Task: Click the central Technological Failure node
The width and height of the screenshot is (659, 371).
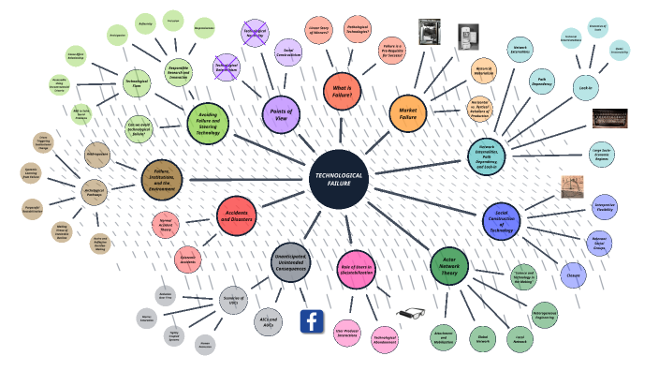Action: click(x=338, y=178)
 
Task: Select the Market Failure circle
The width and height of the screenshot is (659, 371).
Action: click(x=407, y=112)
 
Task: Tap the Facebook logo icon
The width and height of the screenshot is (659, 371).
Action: click(x=312, y=321)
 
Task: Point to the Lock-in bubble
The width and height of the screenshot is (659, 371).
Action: click(x=585, y=87)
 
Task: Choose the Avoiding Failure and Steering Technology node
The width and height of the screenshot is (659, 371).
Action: click(x=207, y=122)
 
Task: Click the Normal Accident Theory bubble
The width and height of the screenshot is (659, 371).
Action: click(x=166, y=223)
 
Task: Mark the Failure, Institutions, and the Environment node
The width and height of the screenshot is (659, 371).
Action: click(x=162, y=179)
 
